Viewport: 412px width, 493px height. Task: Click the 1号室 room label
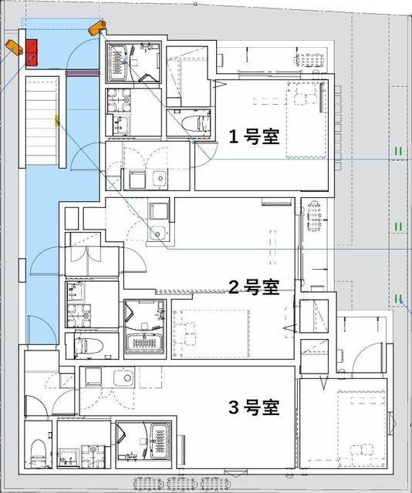253,135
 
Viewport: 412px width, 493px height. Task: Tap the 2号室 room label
253,287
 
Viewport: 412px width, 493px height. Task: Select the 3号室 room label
253,407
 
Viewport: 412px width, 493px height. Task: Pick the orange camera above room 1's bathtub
96,29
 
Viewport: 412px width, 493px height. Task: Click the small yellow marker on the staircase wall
56,120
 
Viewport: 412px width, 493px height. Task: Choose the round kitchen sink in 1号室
160,178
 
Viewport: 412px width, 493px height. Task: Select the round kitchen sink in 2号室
160,233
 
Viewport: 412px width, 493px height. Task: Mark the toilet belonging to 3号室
36,451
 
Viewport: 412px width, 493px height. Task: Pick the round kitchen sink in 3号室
120,377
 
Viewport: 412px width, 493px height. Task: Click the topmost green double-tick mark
399,151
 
